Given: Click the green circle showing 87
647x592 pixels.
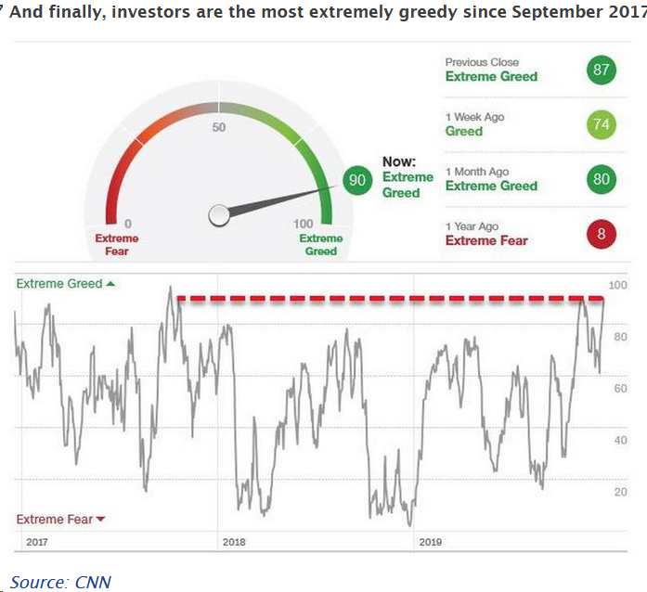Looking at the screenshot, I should click(x=602, y=70).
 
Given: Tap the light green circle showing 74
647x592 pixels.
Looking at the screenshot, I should click(x=602, y=124).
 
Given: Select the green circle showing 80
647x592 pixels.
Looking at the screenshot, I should click(x=602, y=179).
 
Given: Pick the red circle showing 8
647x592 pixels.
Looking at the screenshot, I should click(x=602, y=234).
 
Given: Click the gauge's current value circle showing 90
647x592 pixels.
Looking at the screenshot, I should click(x=356, y=180).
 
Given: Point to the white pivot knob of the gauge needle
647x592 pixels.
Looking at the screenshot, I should click(x=219, y=215).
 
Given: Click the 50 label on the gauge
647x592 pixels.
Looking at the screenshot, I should click(x=219, y=127).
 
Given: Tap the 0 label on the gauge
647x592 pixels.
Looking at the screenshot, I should click(x=127, y=224).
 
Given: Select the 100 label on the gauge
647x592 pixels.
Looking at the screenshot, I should click(x=304, y=224).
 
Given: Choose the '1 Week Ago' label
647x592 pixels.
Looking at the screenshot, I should click(x=474, y=117).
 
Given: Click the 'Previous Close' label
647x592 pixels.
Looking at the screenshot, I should click(x=482, y=62).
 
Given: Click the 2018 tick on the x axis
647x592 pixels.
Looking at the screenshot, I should click(x=234, y=542).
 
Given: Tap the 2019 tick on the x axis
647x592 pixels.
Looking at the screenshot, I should click(x=431, y=542).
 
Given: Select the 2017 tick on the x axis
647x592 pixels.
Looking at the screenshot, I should click(x=38, y=542).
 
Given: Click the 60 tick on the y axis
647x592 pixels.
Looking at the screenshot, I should click(x=620, y=389).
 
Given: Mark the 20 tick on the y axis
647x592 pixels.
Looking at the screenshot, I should click(x=620, y=492).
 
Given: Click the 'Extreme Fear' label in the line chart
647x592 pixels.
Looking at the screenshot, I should click(x=55, y=520).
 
